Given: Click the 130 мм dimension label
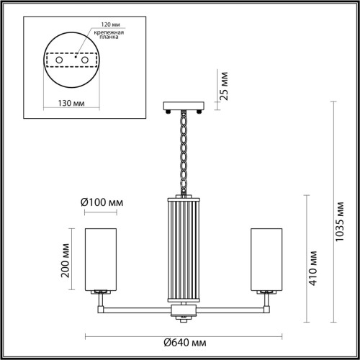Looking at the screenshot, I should coord(71,103).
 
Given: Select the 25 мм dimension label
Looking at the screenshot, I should coord(224,84).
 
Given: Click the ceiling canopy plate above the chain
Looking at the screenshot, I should coord(184,107).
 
